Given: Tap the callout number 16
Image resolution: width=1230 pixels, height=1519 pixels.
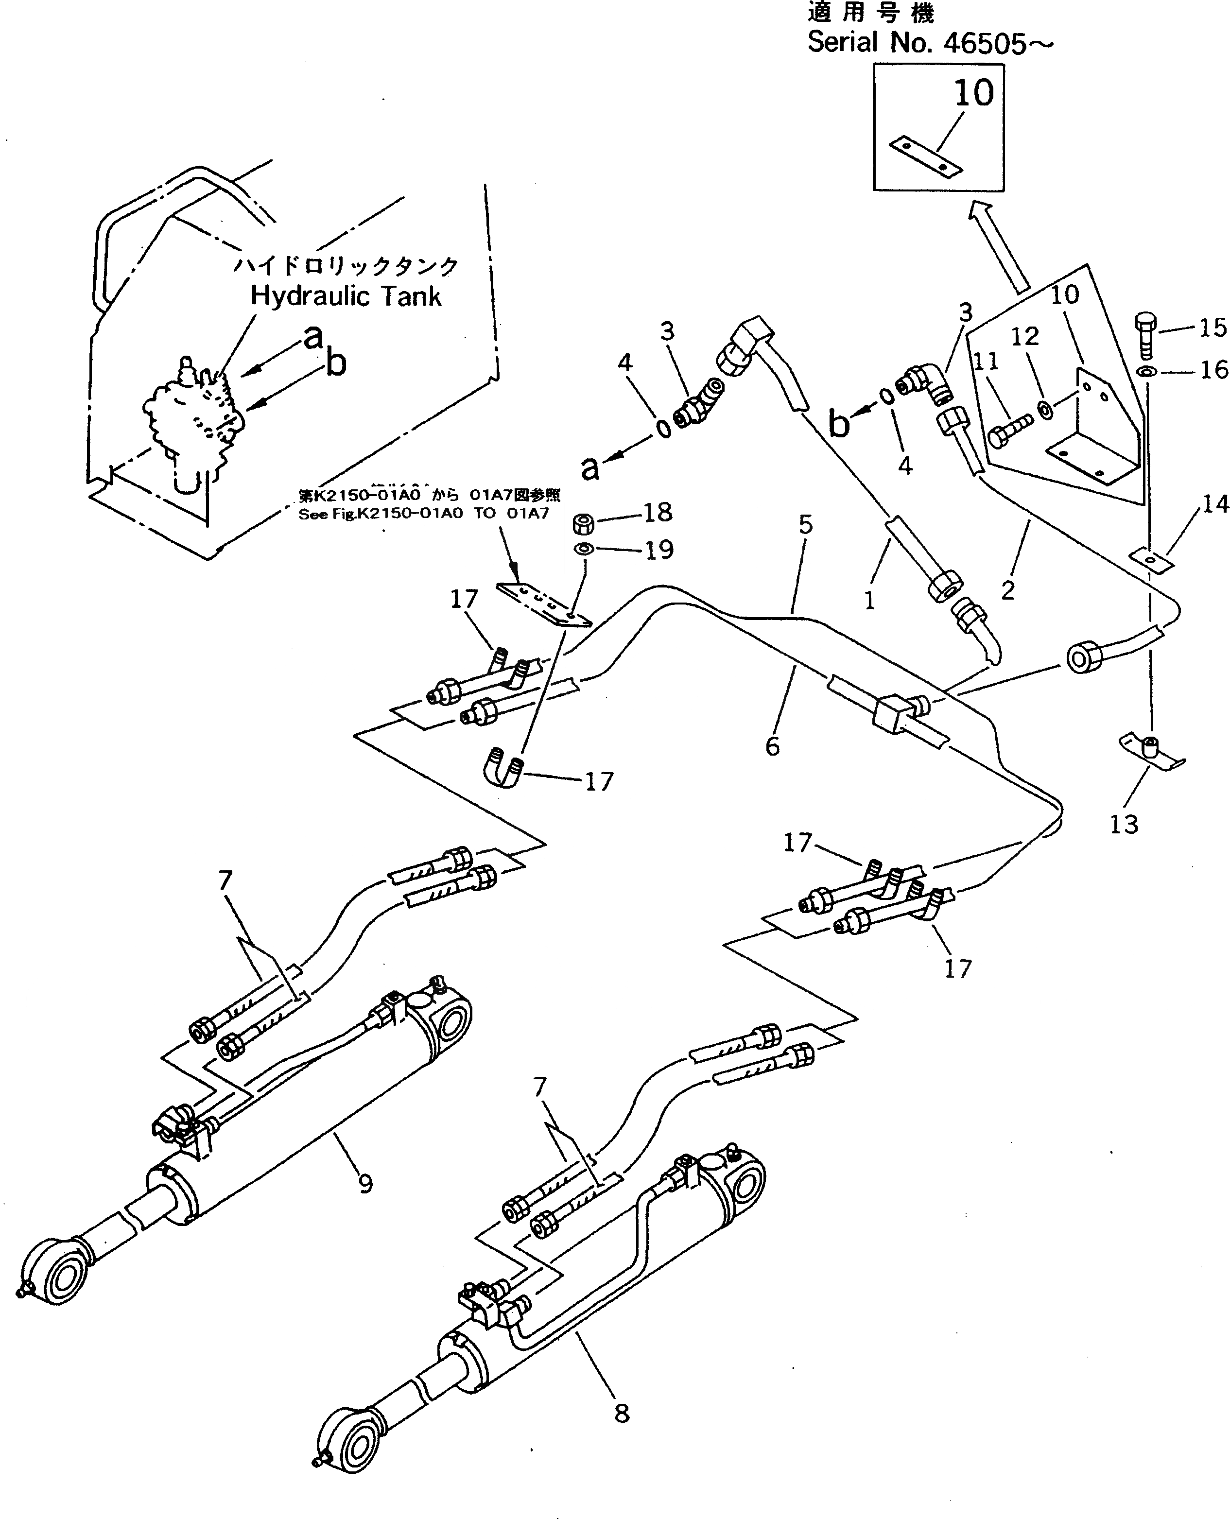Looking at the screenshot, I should point(1213,369).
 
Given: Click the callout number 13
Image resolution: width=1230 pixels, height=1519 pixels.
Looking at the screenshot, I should point(1124,824).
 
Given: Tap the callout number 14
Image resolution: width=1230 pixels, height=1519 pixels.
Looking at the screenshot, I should point(1215,504).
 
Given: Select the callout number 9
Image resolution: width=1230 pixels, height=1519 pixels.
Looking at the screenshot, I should point(365,1183).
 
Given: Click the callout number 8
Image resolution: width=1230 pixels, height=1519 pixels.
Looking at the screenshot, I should point(622,1414).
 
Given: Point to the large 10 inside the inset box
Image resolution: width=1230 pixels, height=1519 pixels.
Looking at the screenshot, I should point(974,92).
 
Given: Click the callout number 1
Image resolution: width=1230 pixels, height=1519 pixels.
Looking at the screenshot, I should point(869,600).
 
